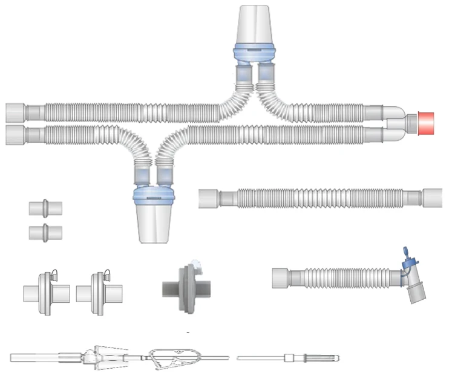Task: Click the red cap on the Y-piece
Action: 427,123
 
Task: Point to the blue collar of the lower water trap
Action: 156,195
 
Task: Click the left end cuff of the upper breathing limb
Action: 16,113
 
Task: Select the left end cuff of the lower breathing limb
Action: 16,135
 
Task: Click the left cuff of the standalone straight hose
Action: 208,198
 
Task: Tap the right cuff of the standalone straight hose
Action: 432,198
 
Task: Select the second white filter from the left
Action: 100,294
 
